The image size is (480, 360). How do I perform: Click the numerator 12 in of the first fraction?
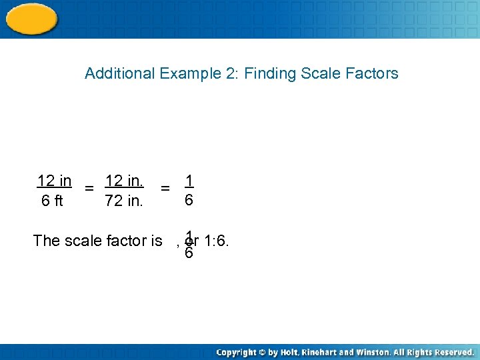coord(54,181)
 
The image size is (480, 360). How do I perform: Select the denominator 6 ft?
coord(52,201)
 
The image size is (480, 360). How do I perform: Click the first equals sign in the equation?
coord(89,189)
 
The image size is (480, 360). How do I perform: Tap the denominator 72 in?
coord(124,201)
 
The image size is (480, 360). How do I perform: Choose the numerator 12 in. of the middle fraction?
coord(124,181)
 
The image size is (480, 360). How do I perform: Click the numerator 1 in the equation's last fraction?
coord(189,181)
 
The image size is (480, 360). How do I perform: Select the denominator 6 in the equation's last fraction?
coord(189,200)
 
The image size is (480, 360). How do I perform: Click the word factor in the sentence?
coord(123,241)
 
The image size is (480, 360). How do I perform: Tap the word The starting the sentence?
coord(46,241)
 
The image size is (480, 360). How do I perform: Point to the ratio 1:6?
coord(217,241)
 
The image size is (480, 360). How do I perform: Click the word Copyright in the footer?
coord(237,352)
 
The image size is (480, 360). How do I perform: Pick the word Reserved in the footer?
coord(450,352)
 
